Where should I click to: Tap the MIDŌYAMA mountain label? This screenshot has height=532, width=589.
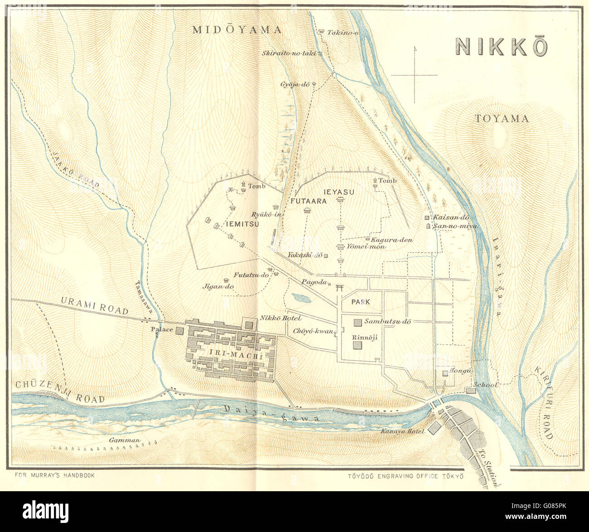tap(237, 30)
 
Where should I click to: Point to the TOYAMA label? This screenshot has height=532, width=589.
tap(502, 119)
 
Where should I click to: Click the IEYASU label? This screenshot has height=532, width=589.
tap(339, 192)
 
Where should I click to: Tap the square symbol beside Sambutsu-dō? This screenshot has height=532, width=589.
tap(358, 322)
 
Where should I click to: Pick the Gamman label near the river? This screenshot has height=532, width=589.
tap(125, 440)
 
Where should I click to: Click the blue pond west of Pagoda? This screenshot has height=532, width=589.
tap(301, 298)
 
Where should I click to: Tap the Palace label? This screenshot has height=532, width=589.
tap(162, 329)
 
